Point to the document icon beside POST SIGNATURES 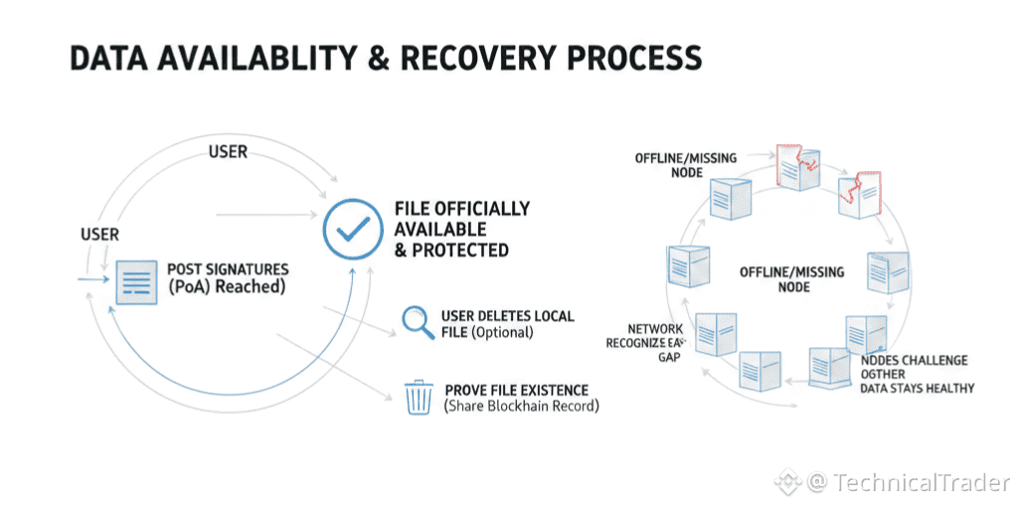pos(136,281)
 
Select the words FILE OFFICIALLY pos(461,209)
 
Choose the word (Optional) pos(502,332)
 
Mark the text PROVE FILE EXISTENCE pos(516,390)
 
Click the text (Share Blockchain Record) pos(522,406)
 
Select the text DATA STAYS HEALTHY pos(917,388)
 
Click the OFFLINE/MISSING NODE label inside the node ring pos(791,279)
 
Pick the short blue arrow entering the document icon pos(95,280)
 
